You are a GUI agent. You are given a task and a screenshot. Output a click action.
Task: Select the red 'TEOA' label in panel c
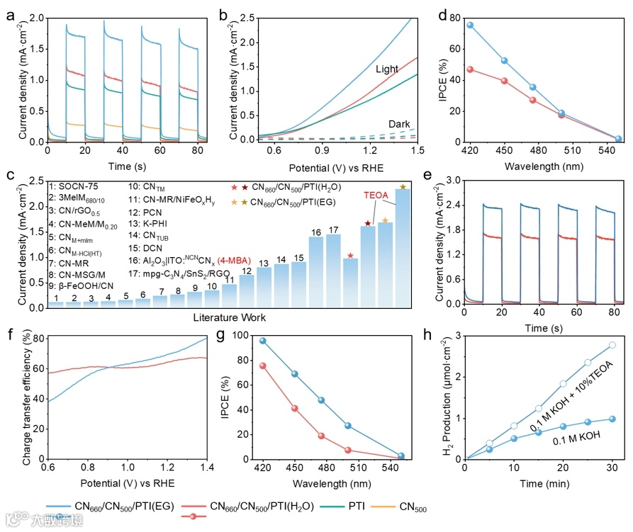[x=377, y=195]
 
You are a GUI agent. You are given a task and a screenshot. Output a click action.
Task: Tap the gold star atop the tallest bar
[x=403, y=187]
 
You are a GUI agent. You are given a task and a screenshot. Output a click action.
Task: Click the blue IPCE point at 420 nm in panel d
[x=469, y=25]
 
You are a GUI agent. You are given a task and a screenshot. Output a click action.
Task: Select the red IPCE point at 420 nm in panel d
[x=469, y=69]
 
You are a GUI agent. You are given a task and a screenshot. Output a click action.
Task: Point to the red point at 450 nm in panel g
[x=294, y=408]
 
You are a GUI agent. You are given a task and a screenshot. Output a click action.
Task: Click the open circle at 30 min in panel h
[x=612, y=345]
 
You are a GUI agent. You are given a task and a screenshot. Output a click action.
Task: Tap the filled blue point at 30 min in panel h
[x=612, y=419]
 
